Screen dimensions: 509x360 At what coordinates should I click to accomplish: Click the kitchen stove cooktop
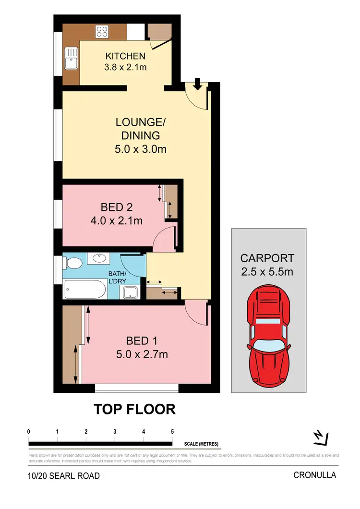pos(102,32)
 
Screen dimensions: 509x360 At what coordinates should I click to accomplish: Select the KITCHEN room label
pos(125,57)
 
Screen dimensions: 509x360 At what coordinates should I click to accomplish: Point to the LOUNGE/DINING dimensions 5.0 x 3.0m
pos(141,149)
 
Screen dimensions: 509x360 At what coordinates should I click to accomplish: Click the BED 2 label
pos(117,207)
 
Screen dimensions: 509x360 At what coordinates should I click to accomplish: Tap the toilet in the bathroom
pos(73,263)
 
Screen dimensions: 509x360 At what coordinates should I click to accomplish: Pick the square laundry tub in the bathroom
pos(129,291)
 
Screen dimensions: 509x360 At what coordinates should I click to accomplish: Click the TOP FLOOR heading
pos(134,409)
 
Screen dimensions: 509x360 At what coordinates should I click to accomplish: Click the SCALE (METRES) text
pos(201,444)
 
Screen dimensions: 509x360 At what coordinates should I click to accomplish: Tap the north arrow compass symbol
pos(319,437)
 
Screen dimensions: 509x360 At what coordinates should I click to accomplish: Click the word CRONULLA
pos(315,475)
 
